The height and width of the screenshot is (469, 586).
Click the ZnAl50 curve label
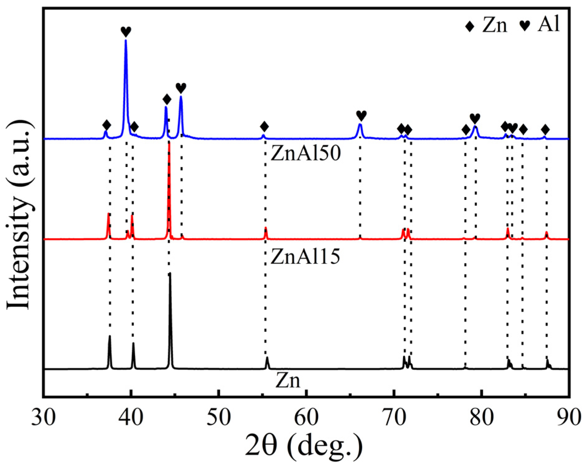point(306,153)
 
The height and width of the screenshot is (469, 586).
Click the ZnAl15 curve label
point(305,256)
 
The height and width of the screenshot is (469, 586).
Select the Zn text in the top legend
point(495,25)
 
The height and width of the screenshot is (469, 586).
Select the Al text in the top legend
point(549,24)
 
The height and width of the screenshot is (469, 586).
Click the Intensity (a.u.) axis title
point(19,214)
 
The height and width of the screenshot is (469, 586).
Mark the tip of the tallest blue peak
point(126,40)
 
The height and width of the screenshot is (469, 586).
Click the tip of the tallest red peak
point(169,143)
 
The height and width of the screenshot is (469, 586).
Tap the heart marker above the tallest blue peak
point(126,31)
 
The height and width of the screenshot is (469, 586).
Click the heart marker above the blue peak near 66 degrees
point(361,115)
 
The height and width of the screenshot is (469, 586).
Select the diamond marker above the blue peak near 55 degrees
point(264,127)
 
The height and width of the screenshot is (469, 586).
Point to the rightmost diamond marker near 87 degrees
point(545,129)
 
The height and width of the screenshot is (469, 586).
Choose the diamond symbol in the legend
point(470,26)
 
